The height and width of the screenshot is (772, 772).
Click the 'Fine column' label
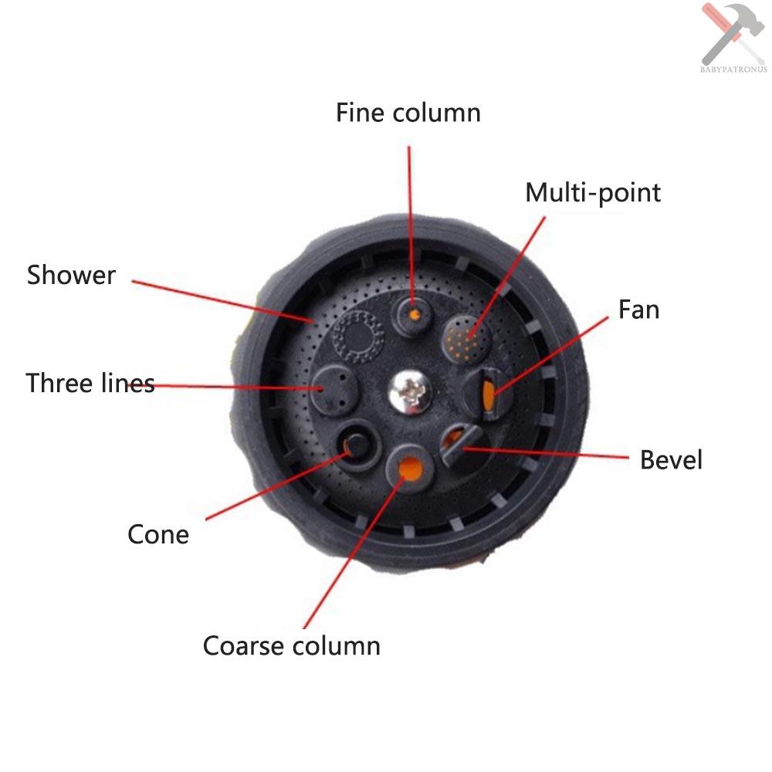(408, 113)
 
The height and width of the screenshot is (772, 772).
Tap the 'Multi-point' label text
(593, 192)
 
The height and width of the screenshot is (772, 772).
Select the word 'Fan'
(638, 310)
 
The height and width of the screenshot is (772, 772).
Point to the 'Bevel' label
(671, 460)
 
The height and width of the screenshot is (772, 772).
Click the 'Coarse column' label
(291, 645)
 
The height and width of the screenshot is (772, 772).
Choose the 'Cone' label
(158, 534)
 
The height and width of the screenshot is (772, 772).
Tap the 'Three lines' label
(90, 383)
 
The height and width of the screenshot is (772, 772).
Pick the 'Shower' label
(71, 275)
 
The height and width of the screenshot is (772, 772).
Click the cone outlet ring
(357, 444)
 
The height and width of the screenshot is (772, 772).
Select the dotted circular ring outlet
(357, 336)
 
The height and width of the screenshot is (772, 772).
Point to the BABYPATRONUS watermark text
(733, 70)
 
